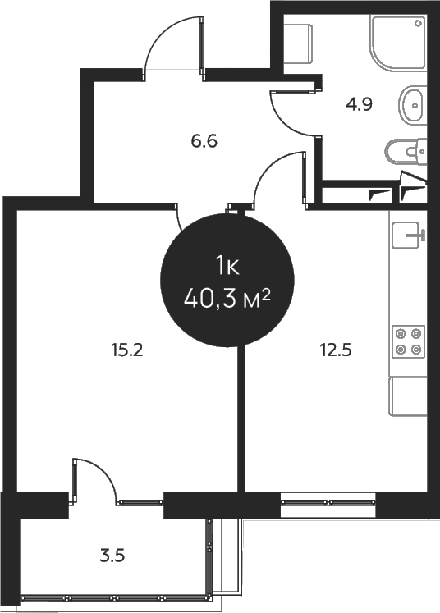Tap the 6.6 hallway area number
204,140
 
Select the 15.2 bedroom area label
127,350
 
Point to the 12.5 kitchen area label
335,350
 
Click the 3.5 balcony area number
112,555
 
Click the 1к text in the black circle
227,264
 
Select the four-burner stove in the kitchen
408,341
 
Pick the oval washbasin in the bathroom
413,103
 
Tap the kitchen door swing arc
277,179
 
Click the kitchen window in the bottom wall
328,501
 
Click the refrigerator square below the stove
408,397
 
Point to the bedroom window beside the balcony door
140,501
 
